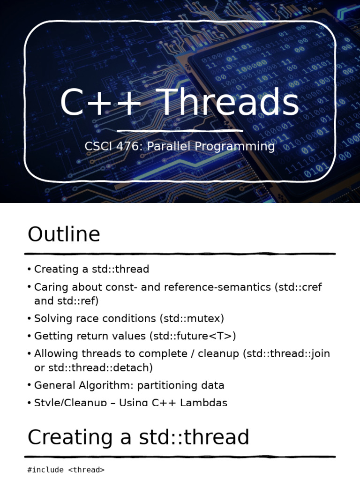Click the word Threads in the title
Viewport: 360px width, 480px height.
click(x=230, y=103)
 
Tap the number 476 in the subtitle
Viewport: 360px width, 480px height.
click(x=127, y=146)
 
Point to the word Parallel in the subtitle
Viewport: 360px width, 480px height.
click(x=169, y=146)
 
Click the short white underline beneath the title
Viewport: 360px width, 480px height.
click(x=180, y=131)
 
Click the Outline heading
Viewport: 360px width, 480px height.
click(x=64, y=234)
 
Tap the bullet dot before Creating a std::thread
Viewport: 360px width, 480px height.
click(x=29, y=269)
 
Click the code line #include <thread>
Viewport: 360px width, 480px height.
click(x=66, y=470)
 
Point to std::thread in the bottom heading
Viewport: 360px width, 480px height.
click(x=194, y=437)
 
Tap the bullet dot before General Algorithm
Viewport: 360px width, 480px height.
click(x=29, y=385)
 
